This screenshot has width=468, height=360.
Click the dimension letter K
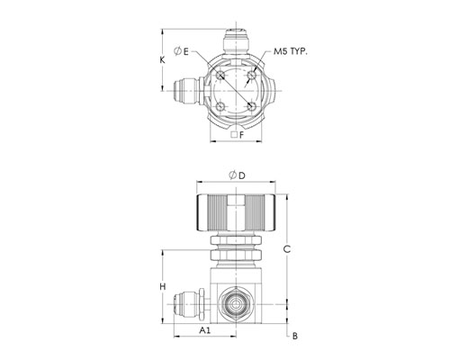162,60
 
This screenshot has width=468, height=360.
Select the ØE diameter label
182,51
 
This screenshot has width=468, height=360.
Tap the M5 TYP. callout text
291,51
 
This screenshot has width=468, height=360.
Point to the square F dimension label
238,135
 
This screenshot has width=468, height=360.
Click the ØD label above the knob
237,175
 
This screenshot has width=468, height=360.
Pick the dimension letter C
287,249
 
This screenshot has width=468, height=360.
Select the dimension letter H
162,287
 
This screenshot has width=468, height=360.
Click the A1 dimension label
205,330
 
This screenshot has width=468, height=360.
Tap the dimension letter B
295,336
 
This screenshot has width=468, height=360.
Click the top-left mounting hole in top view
220,75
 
